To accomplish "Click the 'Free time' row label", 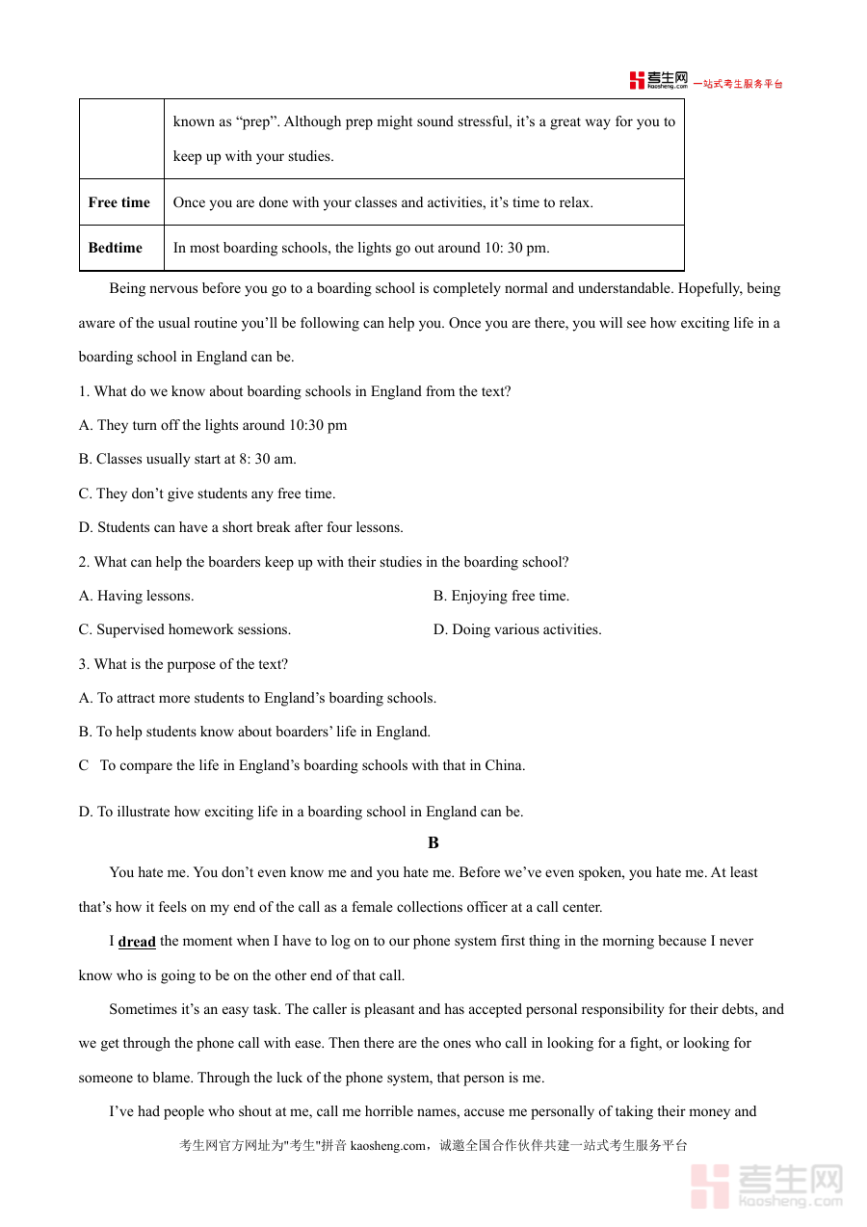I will (119, 202).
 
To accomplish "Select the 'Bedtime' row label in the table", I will (116, 248).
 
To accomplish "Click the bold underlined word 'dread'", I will (137, 942).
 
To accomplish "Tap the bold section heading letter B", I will (433, 842).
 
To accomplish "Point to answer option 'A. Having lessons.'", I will (137, 596).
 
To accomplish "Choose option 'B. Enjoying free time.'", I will (501, 596).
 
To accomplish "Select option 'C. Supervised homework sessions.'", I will (185, 629).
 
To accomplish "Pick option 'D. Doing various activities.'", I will (517, 629).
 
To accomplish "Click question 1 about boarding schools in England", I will (295, 391).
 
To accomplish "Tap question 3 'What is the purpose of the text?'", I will (183, 664).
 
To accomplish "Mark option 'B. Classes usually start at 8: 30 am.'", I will (188, 459).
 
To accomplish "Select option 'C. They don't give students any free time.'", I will (207, 493).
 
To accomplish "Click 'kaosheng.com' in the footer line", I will (387, 1146).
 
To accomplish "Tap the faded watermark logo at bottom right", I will (767, 1186).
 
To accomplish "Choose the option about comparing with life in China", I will (302, 765).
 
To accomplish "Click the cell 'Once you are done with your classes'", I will (382, 202).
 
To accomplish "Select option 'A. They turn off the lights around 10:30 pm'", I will (213, 425).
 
